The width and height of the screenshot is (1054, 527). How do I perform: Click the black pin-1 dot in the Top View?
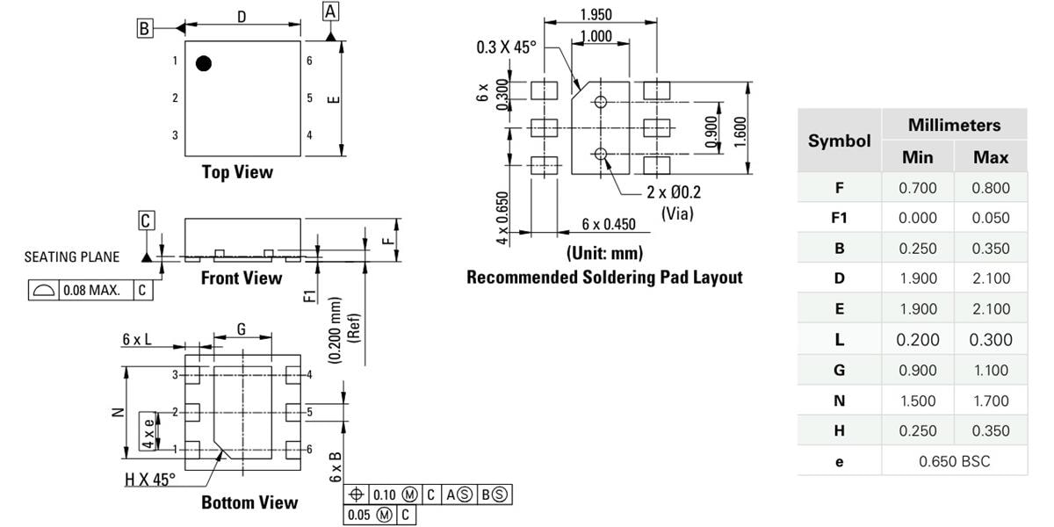point(204,63)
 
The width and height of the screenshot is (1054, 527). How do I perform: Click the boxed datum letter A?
point(330,11)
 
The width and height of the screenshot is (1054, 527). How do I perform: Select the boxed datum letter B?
point(144,28)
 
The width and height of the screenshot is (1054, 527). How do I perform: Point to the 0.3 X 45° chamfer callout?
point(505,47)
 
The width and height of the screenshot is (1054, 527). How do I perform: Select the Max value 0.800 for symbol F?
point(991,187)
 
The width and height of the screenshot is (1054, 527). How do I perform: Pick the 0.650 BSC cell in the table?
point(954,461)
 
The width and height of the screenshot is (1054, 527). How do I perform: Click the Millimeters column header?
point(954,125)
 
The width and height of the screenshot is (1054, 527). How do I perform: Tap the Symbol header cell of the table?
point(839,141)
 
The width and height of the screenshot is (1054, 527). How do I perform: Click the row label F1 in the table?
point(839,218)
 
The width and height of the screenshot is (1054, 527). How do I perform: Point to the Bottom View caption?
point(249,502)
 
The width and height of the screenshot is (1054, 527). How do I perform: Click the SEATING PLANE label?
point(71,257)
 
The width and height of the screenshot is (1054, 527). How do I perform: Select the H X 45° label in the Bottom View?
point(150,479)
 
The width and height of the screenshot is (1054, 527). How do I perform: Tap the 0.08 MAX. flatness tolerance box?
point(91,290)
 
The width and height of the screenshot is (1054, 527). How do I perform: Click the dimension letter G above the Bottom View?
point(242,330)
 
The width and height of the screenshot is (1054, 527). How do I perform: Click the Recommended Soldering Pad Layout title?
point(604,278)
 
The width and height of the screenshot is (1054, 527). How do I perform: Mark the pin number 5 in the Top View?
point(310,98)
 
